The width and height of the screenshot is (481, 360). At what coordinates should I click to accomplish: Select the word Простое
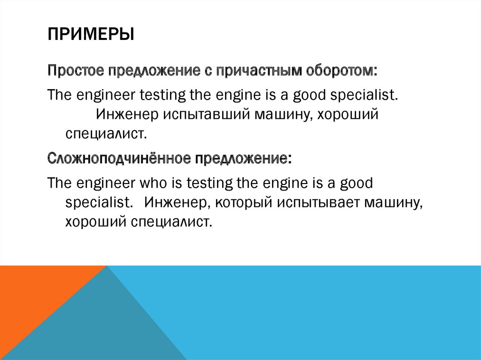(x=77, y=72)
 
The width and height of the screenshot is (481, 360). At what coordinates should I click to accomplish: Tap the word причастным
(x=255, y=72)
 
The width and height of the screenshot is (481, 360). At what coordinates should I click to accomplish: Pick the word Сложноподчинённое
(x=118, y=158)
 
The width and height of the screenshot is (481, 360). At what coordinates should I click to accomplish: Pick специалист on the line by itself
(x=106, y=134)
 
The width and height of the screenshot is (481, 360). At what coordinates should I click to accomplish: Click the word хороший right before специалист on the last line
(x=93, y=221)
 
